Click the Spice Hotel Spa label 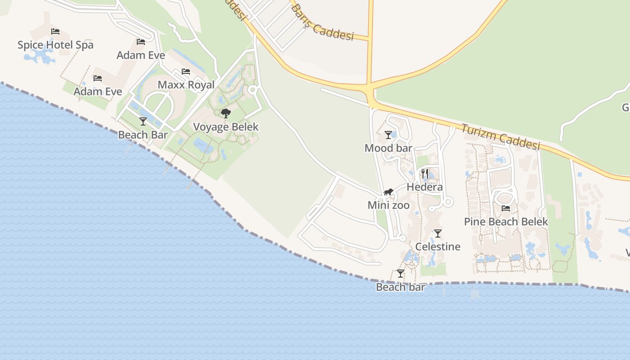click(x=55, y=45)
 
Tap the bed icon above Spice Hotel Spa click(x=55, y=31)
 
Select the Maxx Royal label click(x=186, y=85)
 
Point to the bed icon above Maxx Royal click(x=186, y=72)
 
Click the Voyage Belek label click(x=226, y=127)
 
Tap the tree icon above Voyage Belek click(x=226, y=113)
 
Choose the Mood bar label click(x=388, y=148)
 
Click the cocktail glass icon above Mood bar click(x=388, y=135)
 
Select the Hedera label click(x=425, y=187)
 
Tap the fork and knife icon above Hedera click(x=425, y=173)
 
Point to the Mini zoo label click(x=388, y=206)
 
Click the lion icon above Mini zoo click(x=388, y=192)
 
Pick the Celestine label click(x=438, y=247)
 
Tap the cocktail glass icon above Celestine click(x=438, y=234)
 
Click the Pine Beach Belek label click(x=506, y=222)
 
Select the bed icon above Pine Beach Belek click(x=506, y=208)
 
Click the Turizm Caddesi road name click(x=500, y=136)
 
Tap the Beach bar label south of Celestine click(x=400, y=287)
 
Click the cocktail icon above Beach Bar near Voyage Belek click(x=143, y=121)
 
